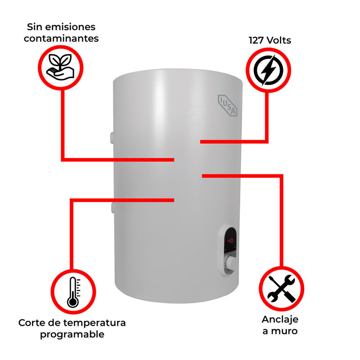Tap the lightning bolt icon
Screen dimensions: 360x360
(x=268, y=70)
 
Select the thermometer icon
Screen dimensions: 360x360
(x=72, y=292)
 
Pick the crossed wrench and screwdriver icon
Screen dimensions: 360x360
(x=281, y=288)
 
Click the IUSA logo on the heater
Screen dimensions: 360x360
(x=229, y=105)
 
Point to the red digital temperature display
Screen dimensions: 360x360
(x=231, y=241)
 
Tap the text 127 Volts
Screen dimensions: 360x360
(x=270, y=40)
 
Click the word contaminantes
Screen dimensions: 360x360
(x=61, y=38)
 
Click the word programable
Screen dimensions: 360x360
(x=72, y=334)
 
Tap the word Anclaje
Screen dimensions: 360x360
(x=280, y=319)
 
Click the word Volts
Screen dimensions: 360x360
(x=279, y=40)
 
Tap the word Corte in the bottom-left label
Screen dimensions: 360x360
(x=31, y=323)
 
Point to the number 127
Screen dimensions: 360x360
(x=257, y=40)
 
